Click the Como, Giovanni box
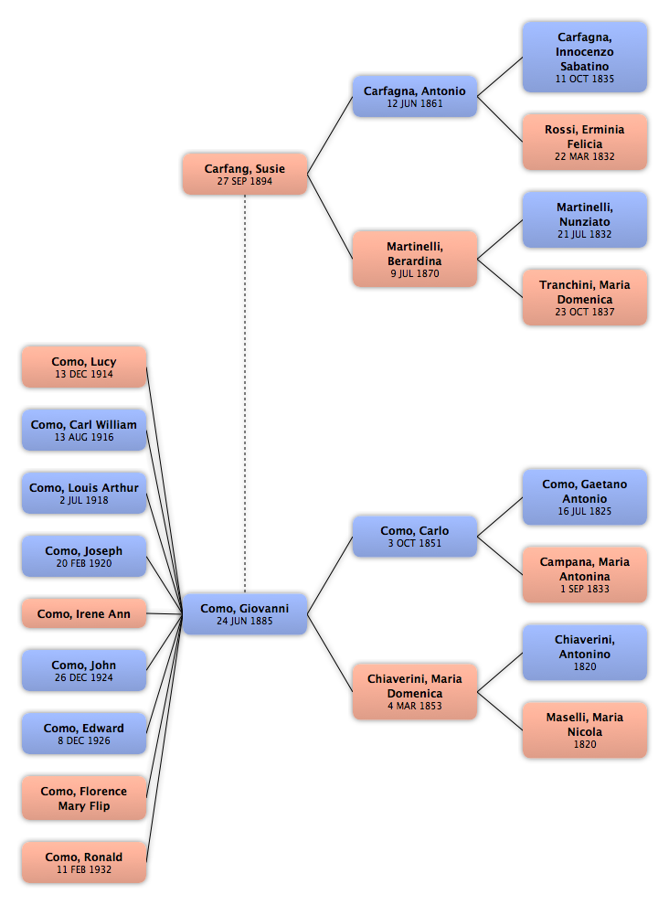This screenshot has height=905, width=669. point(245,614)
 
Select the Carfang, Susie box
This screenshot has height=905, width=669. point(245,174)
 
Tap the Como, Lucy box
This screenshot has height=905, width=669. point(84,367)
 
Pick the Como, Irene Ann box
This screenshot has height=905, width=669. point(84,613)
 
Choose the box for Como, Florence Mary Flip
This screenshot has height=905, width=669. point(84,798)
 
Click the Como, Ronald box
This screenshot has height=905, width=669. point(84,862)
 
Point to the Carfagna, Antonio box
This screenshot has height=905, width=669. point(415,96)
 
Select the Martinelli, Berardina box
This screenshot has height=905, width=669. point(415,259)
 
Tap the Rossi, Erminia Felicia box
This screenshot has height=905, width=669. point(585,142)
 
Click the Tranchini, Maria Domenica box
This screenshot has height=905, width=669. point(585,297)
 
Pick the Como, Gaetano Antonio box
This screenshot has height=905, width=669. point(585,497)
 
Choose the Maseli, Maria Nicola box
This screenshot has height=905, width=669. point(585,730)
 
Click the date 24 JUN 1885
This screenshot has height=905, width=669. point(245,621)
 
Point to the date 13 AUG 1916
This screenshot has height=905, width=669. point(84,438)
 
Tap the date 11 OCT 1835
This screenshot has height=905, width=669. point(585,79)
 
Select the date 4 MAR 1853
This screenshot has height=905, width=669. point(415,706)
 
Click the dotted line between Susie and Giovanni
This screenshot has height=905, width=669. point(245,394)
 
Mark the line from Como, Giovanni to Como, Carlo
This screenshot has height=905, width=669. point(330,575)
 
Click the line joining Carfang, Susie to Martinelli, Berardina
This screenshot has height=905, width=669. point(330,217)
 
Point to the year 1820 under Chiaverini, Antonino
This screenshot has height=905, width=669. point(585,666)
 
